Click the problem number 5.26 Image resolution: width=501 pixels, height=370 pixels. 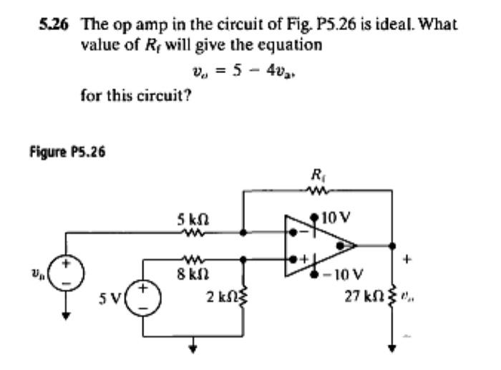[55, 23]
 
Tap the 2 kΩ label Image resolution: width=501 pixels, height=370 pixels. [222, 297]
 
